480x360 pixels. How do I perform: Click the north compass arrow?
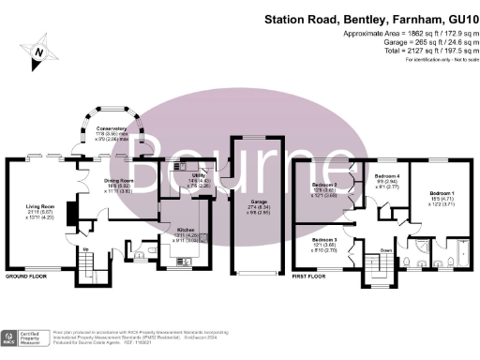click(38, 52)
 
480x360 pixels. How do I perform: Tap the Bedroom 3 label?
click(323, 241)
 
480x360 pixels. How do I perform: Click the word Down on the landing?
click(386, 250)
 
